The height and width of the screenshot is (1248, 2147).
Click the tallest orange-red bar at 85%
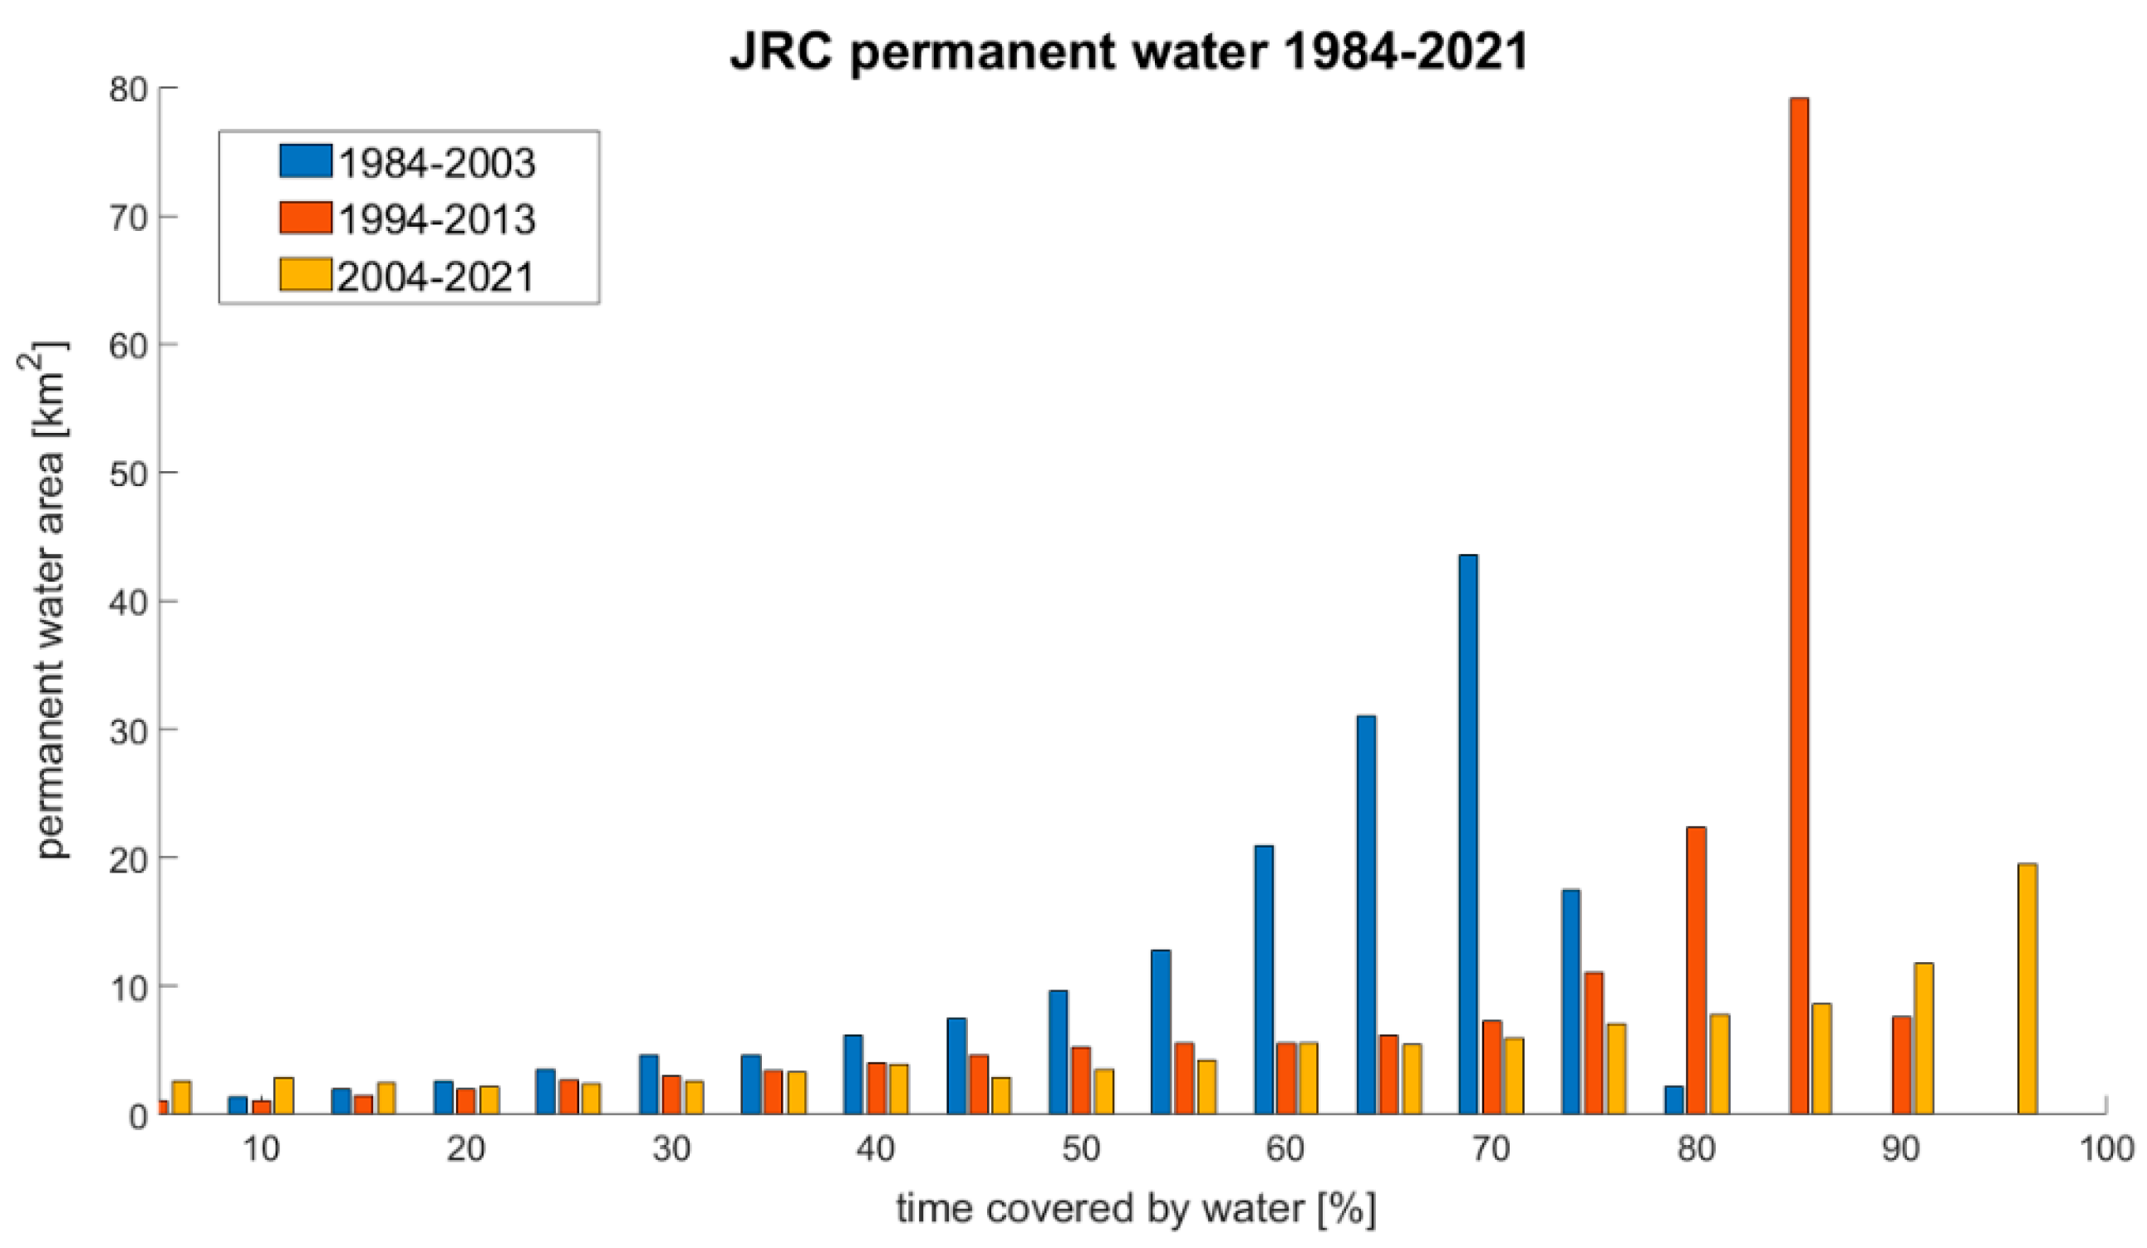(x=1798, y=605)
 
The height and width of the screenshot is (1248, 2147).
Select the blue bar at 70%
(x=1468, y=834)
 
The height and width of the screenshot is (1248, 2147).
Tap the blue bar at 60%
(x=1264, y=980)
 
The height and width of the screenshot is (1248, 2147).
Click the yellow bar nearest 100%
(x=2027, y=988)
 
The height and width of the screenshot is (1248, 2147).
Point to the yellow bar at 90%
(x=1923, y=1038)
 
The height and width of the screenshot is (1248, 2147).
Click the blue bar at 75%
(x=1571, y=1001)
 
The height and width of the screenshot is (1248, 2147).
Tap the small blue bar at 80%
(x=1673, y=1100)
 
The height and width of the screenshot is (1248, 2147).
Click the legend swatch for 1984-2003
(x=305, y=161)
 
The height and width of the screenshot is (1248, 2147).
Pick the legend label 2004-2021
(x=436, y=277)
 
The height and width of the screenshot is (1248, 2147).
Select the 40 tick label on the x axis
(x=876, y=1149)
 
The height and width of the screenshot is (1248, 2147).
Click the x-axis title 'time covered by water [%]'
(x=1136, y=1210)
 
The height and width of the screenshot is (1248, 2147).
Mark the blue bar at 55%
(x=1161, y=1032)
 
